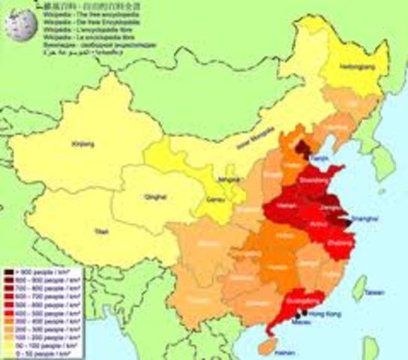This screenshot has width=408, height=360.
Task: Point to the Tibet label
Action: (93, 232)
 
